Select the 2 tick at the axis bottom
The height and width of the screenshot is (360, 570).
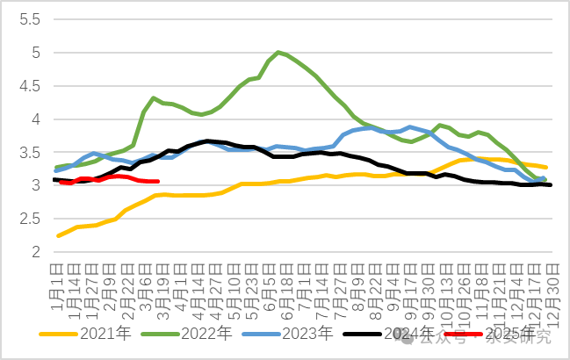point(35,252)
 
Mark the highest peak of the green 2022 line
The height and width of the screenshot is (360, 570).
point(278,53)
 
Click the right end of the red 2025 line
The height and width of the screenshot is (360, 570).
point(157,182)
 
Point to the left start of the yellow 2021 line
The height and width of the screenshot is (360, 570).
point(58,236)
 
